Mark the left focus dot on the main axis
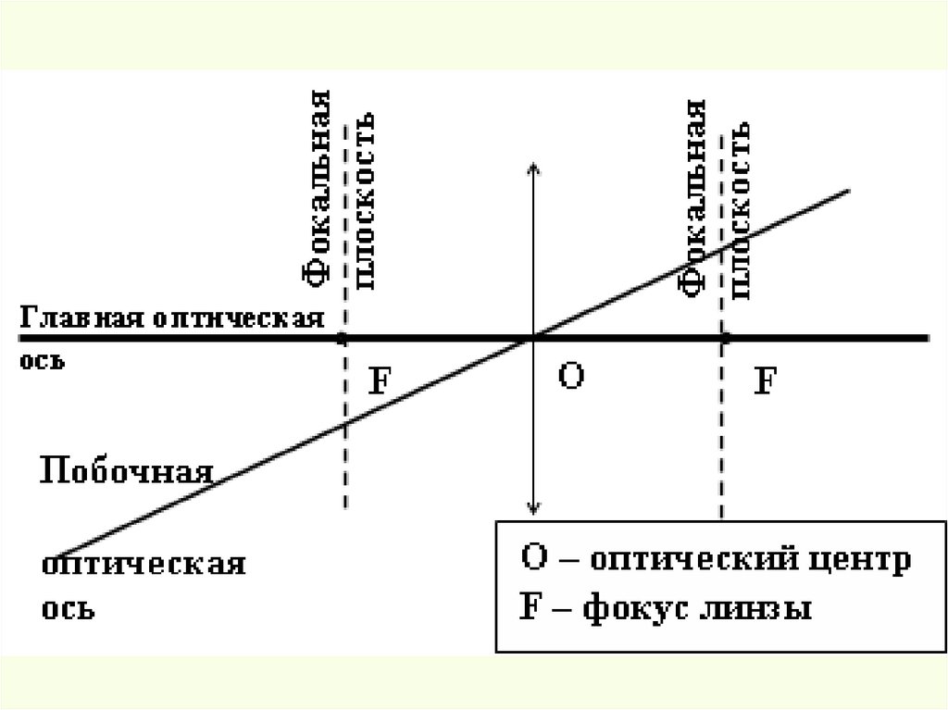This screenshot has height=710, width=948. click(343, 339)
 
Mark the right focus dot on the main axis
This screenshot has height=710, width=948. click(724, 339)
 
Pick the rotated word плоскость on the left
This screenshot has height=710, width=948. click(363, 198)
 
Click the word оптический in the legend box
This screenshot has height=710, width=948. click(681, 561)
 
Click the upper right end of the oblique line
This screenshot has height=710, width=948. click(848, 191)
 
